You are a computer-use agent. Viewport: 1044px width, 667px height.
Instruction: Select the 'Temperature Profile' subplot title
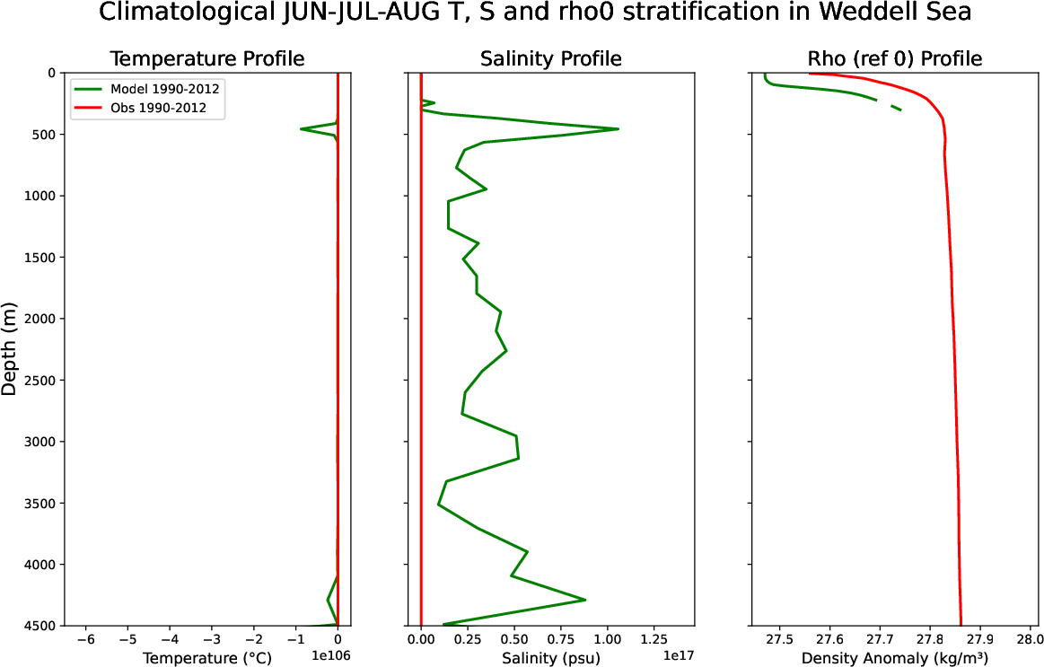click(206, 59)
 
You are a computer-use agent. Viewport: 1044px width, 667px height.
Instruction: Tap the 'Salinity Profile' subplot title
click(550, 59)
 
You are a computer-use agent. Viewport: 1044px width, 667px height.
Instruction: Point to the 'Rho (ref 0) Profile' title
click(895, 59)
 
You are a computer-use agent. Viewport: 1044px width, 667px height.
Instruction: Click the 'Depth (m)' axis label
click(10, 348)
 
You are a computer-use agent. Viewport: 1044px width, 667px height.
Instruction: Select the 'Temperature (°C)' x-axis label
click(206, 658)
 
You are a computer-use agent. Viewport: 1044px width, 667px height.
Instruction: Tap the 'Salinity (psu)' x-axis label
click(550, 658)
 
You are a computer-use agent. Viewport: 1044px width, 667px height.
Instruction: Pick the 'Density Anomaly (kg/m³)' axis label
click(895, 658)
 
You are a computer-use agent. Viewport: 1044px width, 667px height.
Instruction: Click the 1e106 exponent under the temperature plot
click(330, 657)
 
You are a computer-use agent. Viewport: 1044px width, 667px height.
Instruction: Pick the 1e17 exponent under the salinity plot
click(679, 657)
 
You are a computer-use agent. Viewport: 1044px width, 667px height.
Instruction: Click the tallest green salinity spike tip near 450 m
click(619, 129)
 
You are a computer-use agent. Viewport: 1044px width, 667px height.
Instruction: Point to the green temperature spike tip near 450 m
click(301, 129)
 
